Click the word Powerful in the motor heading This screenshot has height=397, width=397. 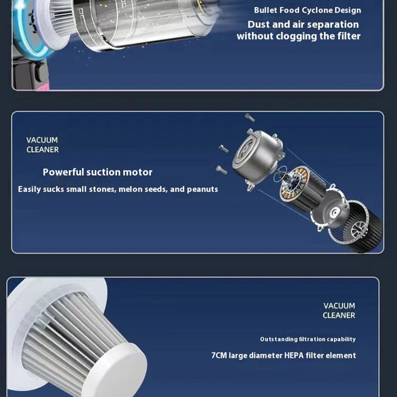(63, 172)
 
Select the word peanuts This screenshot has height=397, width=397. (202, 189)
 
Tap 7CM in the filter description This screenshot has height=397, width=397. (219, 356)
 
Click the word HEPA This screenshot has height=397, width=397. (294, 356)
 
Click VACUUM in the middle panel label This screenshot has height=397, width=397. (42, 140)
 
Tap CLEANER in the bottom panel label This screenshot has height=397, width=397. (339, 315)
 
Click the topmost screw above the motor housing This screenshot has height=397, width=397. (250, 117)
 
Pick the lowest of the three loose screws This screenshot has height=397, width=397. (222, 170)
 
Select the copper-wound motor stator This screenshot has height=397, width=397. (301, 187)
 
